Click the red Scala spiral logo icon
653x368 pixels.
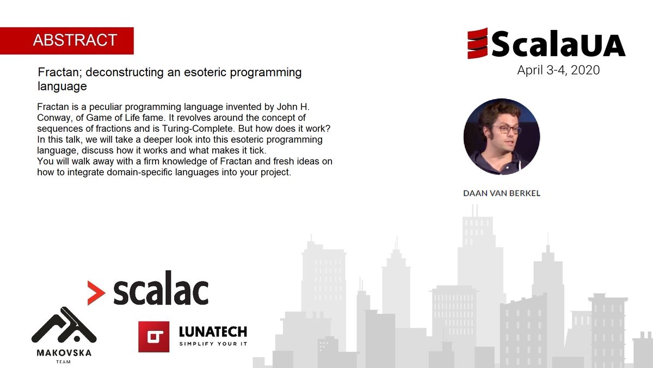tap(477, 44)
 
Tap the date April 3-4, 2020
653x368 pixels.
tap(558, 70)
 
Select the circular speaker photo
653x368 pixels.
tap(501, 137)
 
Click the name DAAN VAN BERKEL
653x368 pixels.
tap(501, 193)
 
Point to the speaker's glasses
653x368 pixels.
tap(506, 130)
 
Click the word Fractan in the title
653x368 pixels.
tap(56, 72)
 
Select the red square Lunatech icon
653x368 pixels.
tap(153, 336)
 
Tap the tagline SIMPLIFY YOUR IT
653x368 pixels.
tap(213, 344)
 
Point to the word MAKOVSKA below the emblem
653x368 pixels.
tap(64, 353)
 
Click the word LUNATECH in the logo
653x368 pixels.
tap(213, 331)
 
